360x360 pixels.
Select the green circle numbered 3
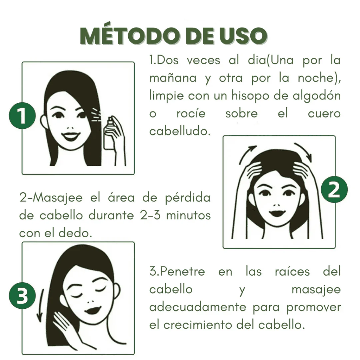coord(22,296)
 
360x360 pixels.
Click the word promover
coord(314,307)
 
